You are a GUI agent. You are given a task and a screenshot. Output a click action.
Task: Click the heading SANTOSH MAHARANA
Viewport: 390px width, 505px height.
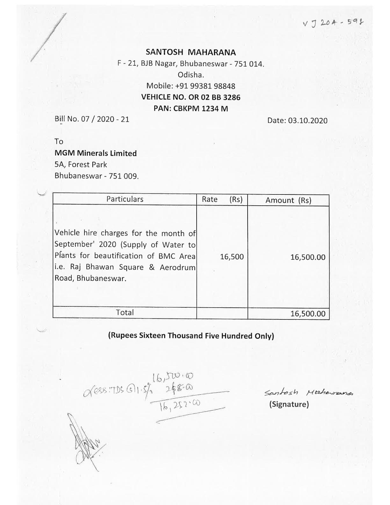191,52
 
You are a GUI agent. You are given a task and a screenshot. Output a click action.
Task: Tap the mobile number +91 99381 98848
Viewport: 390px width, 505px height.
191,86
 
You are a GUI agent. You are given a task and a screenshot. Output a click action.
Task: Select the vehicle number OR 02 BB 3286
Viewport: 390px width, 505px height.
191,97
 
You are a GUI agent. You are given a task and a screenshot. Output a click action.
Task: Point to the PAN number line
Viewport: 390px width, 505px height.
191,108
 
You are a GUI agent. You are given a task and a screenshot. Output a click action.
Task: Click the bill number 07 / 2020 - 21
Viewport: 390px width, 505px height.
92,119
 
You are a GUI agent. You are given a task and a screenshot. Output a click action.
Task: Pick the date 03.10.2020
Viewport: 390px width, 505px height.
297,121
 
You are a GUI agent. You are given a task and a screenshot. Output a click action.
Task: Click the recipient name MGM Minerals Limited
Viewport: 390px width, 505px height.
96,153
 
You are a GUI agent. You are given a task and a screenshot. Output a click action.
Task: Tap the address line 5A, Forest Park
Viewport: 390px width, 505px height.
81,165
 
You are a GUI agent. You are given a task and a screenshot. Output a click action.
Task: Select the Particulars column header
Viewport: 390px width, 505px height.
125,199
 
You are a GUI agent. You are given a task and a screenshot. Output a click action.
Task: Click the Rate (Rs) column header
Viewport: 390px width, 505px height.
222,200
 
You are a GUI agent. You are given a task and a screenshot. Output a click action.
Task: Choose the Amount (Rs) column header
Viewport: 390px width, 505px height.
288,201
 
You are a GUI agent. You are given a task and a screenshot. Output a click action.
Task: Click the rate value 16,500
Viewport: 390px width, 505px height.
232,257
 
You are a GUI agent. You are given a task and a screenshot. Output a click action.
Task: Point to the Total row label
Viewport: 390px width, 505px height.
125,312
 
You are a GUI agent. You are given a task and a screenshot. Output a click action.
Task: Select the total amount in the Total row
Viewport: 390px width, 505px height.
307,314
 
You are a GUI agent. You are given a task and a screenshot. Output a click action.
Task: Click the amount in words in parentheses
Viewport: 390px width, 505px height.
191,336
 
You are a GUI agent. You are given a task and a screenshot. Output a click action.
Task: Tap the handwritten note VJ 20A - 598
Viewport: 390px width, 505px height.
333,23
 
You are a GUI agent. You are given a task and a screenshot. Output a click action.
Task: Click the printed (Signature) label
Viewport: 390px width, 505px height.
289,404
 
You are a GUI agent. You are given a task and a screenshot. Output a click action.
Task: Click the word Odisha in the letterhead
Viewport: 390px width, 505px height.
191,75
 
